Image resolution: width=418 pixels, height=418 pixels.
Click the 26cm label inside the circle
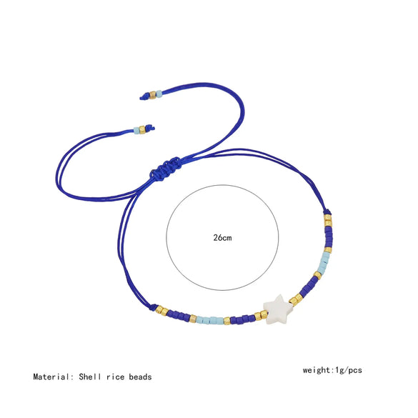click(222, 237)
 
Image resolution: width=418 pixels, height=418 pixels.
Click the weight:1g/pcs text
click(334, 370)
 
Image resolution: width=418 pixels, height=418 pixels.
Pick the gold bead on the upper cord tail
click(151, 94)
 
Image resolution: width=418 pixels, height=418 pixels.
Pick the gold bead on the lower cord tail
click(142, 130)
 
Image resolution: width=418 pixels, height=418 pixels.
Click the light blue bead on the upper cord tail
click(158, 94)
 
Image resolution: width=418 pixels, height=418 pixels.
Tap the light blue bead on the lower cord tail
click(136, 131)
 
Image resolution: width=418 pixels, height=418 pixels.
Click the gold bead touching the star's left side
click(259, 316)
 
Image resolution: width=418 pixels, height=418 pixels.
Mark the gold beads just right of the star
click(295, 299)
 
